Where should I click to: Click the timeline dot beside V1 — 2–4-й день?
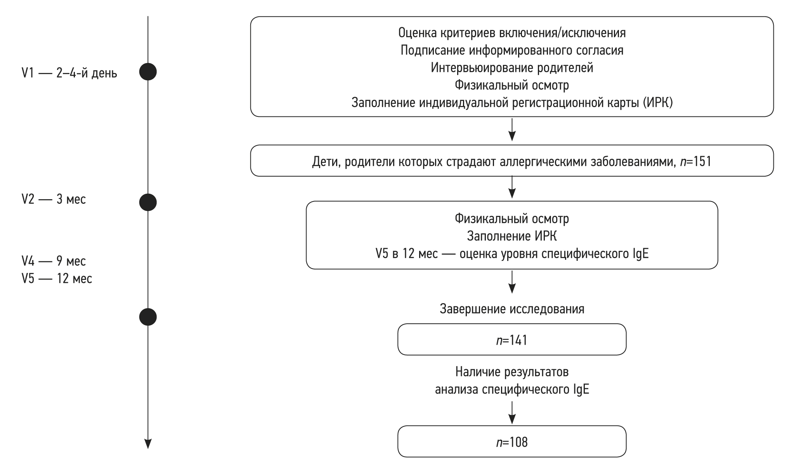[x=148, y=72]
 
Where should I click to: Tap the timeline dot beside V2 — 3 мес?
[x=148, y=202]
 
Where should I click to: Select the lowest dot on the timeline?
[x=148, y=317]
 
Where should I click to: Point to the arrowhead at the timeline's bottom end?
[x=148, y=443]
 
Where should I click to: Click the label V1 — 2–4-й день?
[x=69, y=73]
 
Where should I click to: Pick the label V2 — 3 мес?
[x=54, y=199]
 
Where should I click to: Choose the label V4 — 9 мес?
[x=54, y=261]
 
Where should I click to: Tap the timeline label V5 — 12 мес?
[x=57, y=278]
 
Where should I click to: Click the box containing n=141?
[x=511, y=340]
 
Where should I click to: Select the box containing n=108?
[x=511, y=442]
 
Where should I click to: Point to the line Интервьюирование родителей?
[x=511, y=68]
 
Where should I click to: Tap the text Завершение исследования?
[x=511, y=309]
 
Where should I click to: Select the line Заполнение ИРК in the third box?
[x=511, y=236]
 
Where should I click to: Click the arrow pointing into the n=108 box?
[x=512, y=413]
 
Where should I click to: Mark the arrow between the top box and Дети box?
[x=512, y=131]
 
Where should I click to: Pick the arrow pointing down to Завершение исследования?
[x=512, y=283]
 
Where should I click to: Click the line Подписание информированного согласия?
[x=511, y=50]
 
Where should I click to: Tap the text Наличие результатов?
[x=511, y=372]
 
